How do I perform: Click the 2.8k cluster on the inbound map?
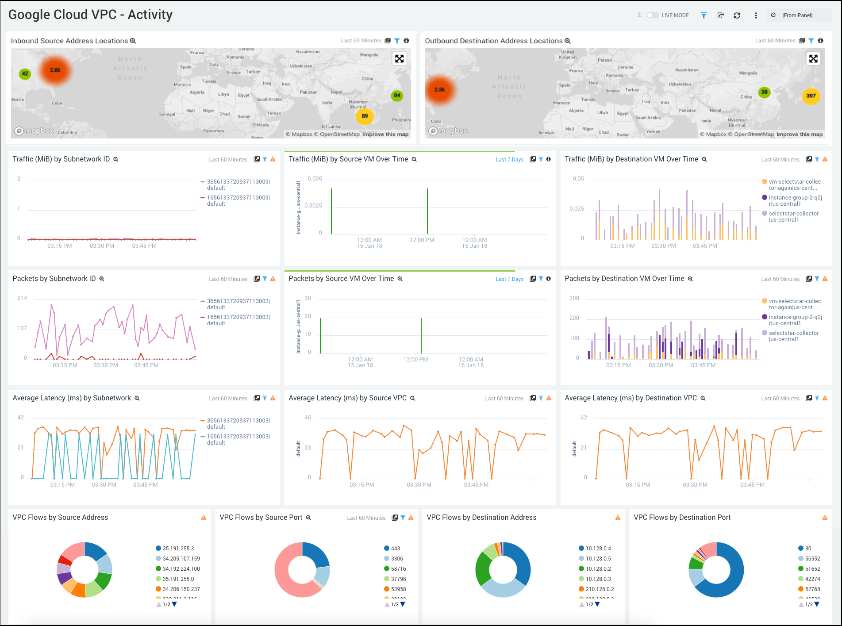tap(55, 70)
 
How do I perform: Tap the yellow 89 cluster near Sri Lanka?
tap(365, 116)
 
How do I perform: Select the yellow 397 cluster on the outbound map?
tap(811, 96)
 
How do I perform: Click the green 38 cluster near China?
tap(764, 92)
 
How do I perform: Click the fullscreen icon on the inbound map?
tap(399, 59)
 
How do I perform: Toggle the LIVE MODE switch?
tap(652, 15)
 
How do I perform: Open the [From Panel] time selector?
tap(797, 15)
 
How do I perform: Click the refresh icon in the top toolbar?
tap(737, 15)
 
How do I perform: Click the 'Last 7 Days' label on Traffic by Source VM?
tap(509, 160)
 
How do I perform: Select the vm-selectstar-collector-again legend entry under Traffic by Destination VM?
tap(794, 184)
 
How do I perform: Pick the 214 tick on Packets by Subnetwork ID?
tap(22, 298)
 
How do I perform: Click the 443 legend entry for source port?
tap(395, 548)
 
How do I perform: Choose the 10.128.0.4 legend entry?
tap(598, 548)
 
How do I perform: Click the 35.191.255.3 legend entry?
tap(178, 548)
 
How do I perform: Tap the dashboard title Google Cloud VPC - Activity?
tap(90, 15)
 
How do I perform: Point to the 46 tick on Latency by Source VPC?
tap(308, 418)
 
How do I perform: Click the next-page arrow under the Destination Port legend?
tap(817, 604)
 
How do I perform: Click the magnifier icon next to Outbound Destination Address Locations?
tap(568, 41)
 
